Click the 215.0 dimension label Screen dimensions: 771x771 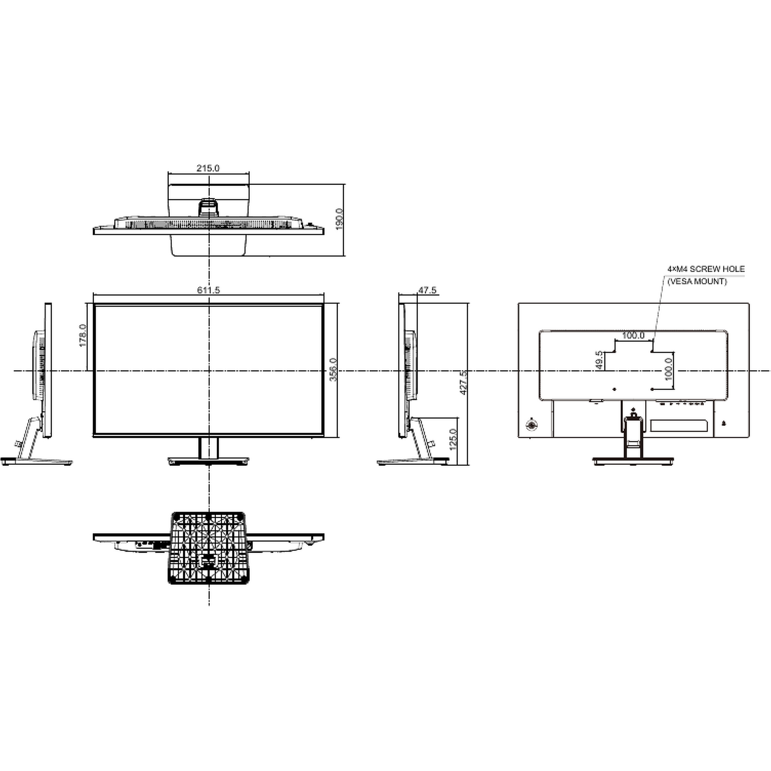coord(208,168)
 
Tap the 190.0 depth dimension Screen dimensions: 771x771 coord(339,219)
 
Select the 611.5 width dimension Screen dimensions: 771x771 coord(208,290)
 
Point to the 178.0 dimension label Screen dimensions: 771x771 coord(83,335)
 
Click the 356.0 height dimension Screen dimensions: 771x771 coord(333,369)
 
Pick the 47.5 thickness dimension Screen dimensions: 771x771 coord(427,290)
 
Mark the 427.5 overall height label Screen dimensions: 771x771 coord(464,383)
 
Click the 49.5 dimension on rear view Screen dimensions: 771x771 coord(599,360)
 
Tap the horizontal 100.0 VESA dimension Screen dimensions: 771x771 coord(633,335)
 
